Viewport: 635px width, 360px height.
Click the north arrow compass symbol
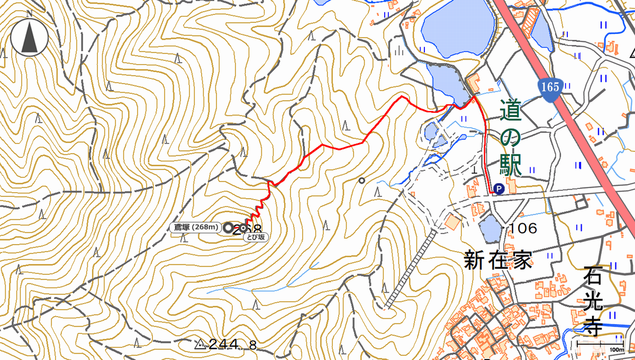[29, 37]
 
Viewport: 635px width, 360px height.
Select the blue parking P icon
[498, 188]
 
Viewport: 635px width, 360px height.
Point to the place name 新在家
[498, 260]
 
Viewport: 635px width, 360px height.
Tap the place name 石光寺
[594, 302]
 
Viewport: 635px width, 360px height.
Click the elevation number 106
[523, 229]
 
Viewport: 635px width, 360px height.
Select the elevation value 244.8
[233, 345]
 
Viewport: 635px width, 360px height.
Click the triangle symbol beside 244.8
[200, 345]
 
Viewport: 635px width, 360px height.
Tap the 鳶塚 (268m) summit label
[196, 228]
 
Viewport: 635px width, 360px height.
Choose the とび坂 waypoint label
[253, 238]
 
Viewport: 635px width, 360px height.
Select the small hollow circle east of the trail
[361, 181]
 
